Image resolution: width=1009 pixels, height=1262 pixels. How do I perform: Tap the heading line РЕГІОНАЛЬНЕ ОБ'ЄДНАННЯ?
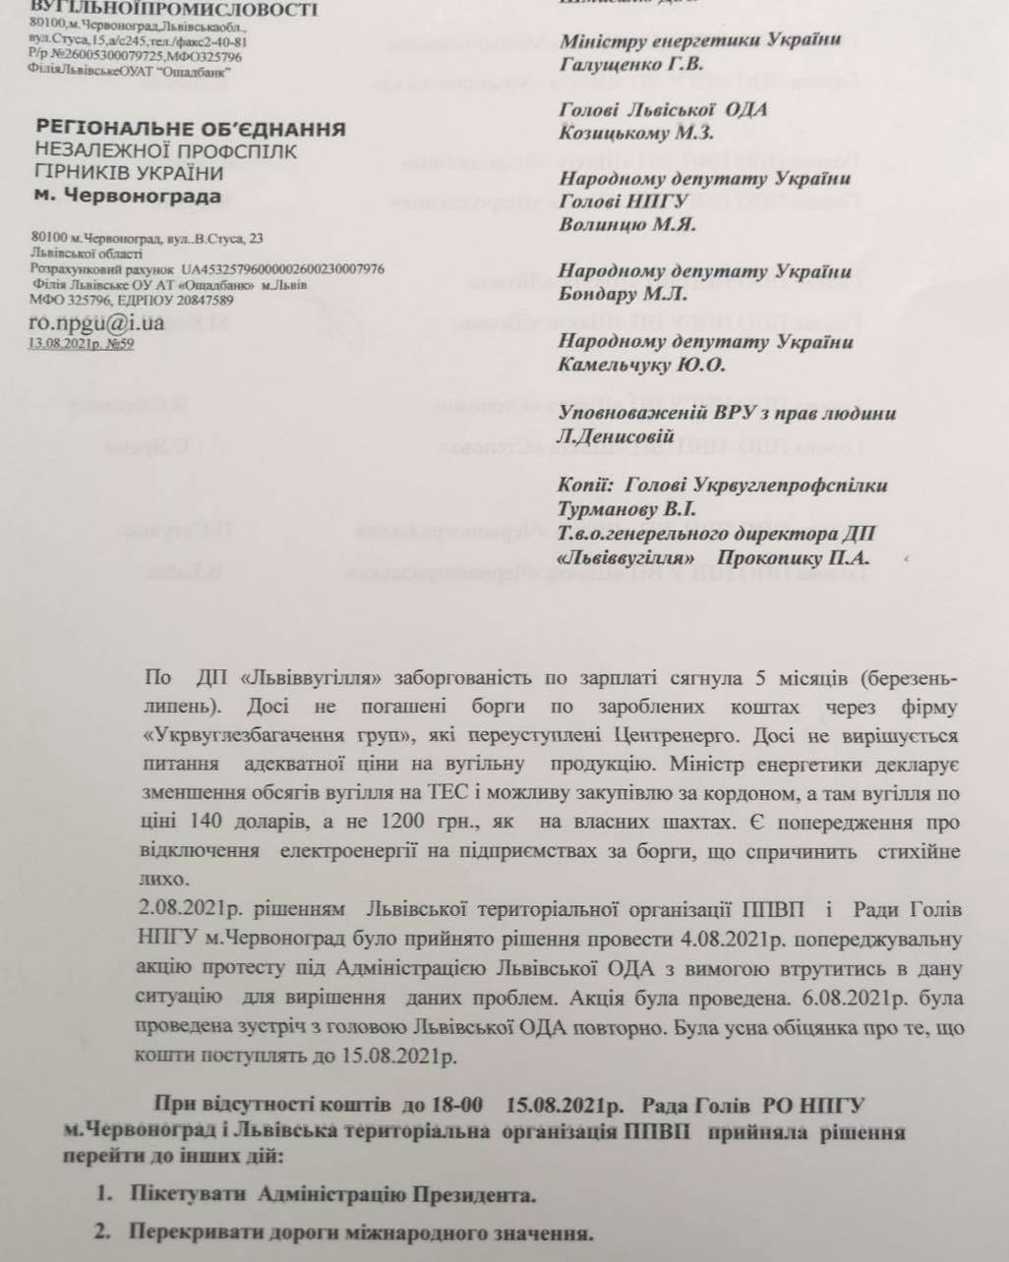190,129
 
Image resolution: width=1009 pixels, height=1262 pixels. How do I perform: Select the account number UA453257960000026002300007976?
283,268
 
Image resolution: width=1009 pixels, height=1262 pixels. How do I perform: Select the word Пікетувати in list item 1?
187,1195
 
